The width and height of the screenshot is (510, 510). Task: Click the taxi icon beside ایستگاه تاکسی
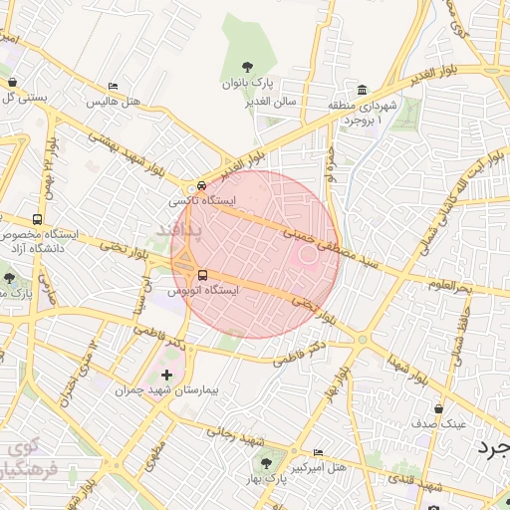click(x=202, y=185)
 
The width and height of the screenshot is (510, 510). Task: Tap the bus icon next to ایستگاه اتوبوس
click(x=203, y=275)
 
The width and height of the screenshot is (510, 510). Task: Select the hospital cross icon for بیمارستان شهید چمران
click(x=166, y=376)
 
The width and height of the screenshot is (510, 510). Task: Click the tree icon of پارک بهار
click(x=266, y=462)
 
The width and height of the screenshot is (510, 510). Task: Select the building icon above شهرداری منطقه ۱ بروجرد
click(x=362, y=90)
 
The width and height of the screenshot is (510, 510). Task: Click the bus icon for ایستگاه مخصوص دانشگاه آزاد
click(x=38, y=219)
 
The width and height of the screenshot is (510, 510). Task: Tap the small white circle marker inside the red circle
click(x=309, y=254)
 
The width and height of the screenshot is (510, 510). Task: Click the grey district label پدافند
click(x=180, y=230)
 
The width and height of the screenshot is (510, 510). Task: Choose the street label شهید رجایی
click(x=237, y=434)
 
